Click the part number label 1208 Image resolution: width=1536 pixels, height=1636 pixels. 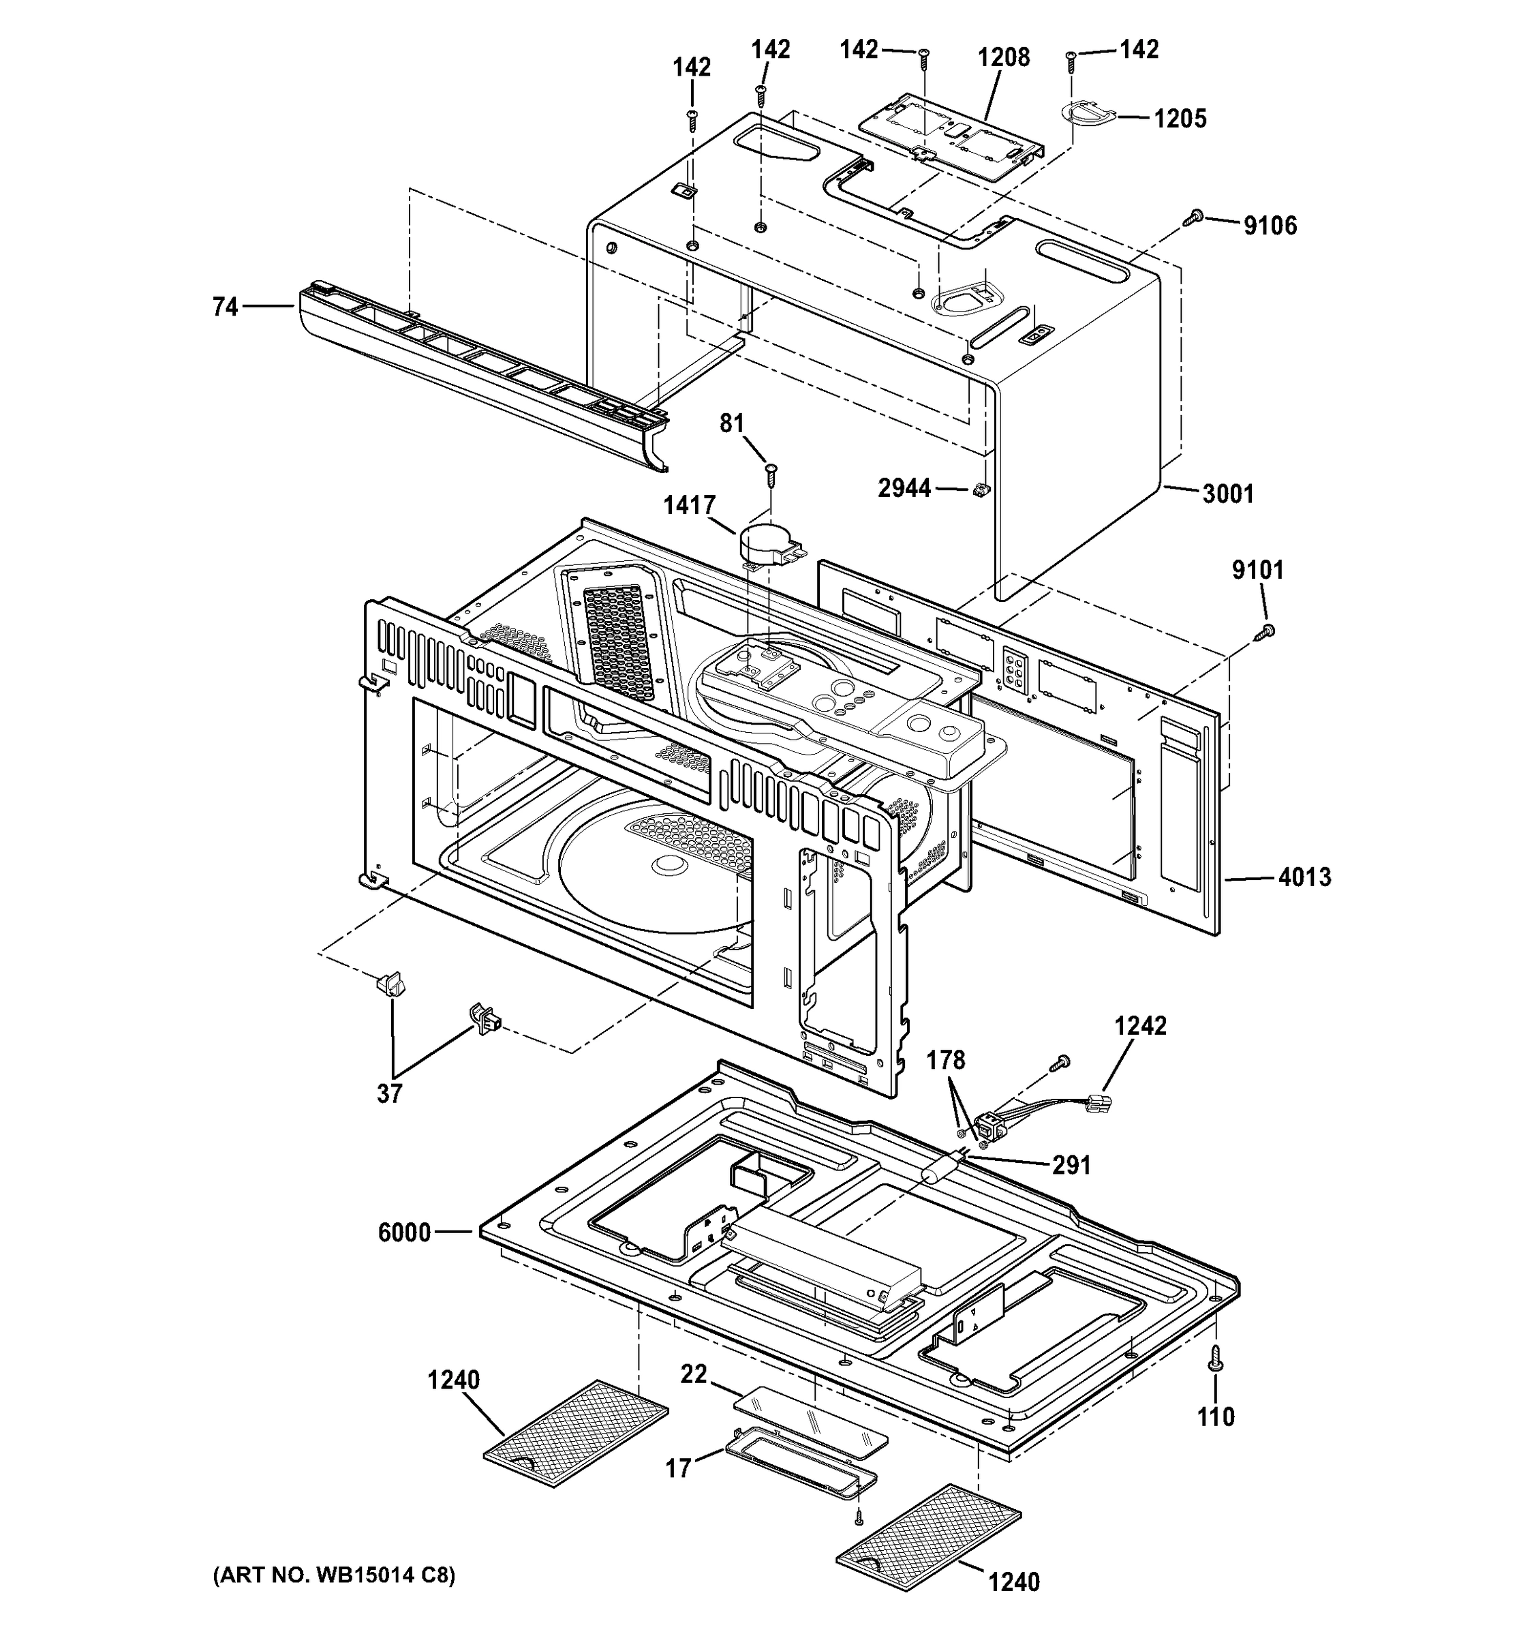tap(1003, 58)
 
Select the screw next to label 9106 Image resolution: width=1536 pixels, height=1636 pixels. tap(1194, 217)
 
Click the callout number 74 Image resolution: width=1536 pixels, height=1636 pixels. tap(225, 307)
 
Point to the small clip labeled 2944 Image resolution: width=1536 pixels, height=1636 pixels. tap(979, 491)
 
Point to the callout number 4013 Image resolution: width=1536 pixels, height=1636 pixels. tap(1304, 877)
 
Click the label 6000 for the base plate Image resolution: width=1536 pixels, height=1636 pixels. tap(404, 1232)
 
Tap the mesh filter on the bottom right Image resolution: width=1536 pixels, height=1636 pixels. tap(928, 1532)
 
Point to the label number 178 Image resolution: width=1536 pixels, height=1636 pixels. tap(945, 1061)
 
